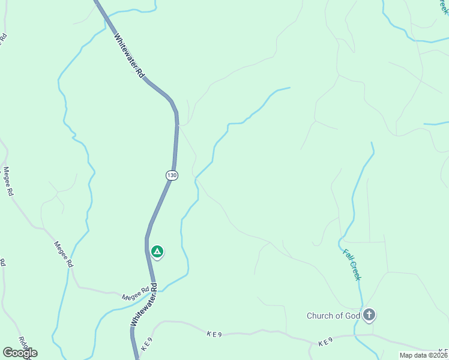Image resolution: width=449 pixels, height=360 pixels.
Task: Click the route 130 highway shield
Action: [x=172, y=175]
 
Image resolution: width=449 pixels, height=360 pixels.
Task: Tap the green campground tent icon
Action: [x=157, y=252]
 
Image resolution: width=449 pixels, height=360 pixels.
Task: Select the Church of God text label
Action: [x=333, y=316]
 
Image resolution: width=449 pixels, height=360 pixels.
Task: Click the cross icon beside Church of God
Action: [x=369, y=314]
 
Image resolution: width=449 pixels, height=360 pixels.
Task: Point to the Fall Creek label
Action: [x=352, y=265]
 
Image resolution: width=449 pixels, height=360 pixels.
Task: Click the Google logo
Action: [x=20, y=353]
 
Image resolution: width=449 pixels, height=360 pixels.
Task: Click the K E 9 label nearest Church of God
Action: [x=325, y=342]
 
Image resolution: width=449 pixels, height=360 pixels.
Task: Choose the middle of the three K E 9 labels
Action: [x=214, y=334]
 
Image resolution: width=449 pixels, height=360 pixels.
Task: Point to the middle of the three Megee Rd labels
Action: [x=64, y=254]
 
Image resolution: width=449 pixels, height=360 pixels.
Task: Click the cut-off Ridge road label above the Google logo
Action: [x=24, y=341]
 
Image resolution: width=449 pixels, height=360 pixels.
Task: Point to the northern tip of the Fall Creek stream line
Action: [x=372, y=143]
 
